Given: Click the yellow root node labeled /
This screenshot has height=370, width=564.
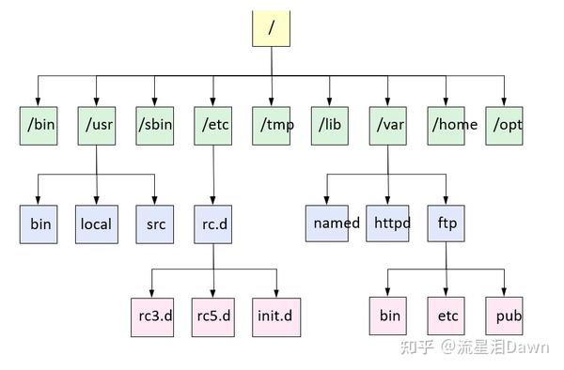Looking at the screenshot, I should coord(272,27).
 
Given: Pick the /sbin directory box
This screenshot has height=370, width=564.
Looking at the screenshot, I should coord(155,124).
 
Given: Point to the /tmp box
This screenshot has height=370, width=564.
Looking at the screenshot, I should coord(271,124).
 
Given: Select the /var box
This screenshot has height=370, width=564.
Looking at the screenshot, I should coord(387,124).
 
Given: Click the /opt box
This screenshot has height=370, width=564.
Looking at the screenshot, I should coord(505,124).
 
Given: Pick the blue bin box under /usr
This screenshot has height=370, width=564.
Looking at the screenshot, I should coord(39,224).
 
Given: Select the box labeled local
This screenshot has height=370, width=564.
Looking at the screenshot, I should coord(97,224).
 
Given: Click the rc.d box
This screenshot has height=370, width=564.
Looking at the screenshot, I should coord(213,224).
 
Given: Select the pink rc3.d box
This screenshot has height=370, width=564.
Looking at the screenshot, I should coord(151,316).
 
